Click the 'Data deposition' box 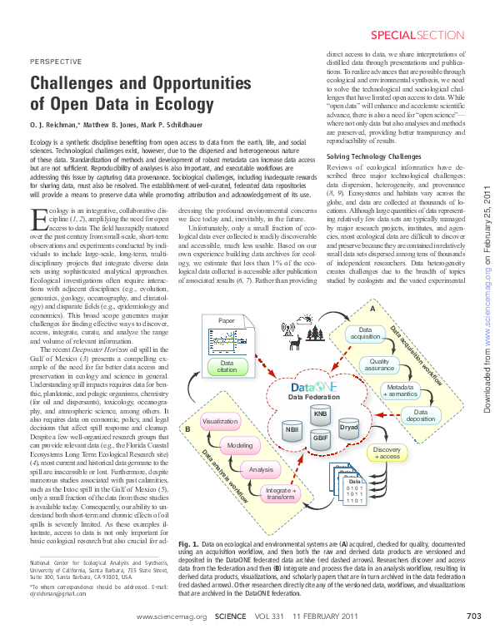click(x=421, y=416)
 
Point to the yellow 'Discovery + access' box click(x=387, y=453)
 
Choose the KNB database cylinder click(x=319, y=414)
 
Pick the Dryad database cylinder click(x=348, y=426)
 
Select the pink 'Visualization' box click(x=221, y=423)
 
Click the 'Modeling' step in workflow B click(x=240, y=447)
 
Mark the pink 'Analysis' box click(x=261, y=470)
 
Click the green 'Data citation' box click(x=227, y=365)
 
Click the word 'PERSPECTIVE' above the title click(x=56, y=62)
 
